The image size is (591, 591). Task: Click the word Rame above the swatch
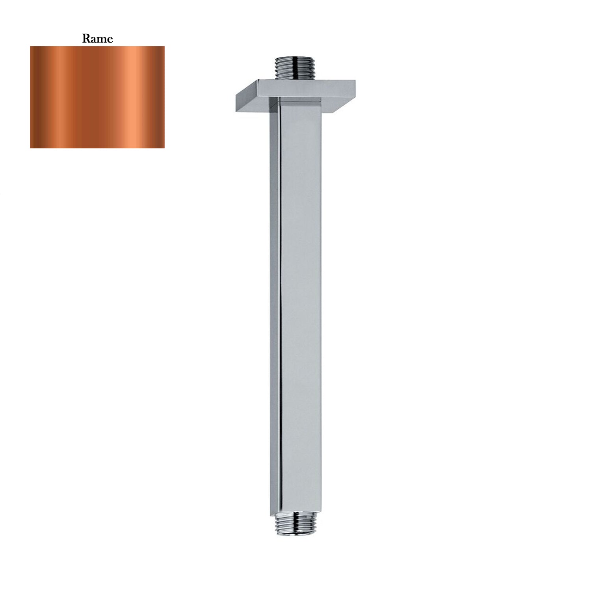tap(97, 39)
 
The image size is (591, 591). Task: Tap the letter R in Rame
tap(85, 39)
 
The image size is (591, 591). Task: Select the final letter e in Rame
tap(109, 39)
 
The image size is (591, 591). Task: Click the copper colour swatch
tap(97, 97)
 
